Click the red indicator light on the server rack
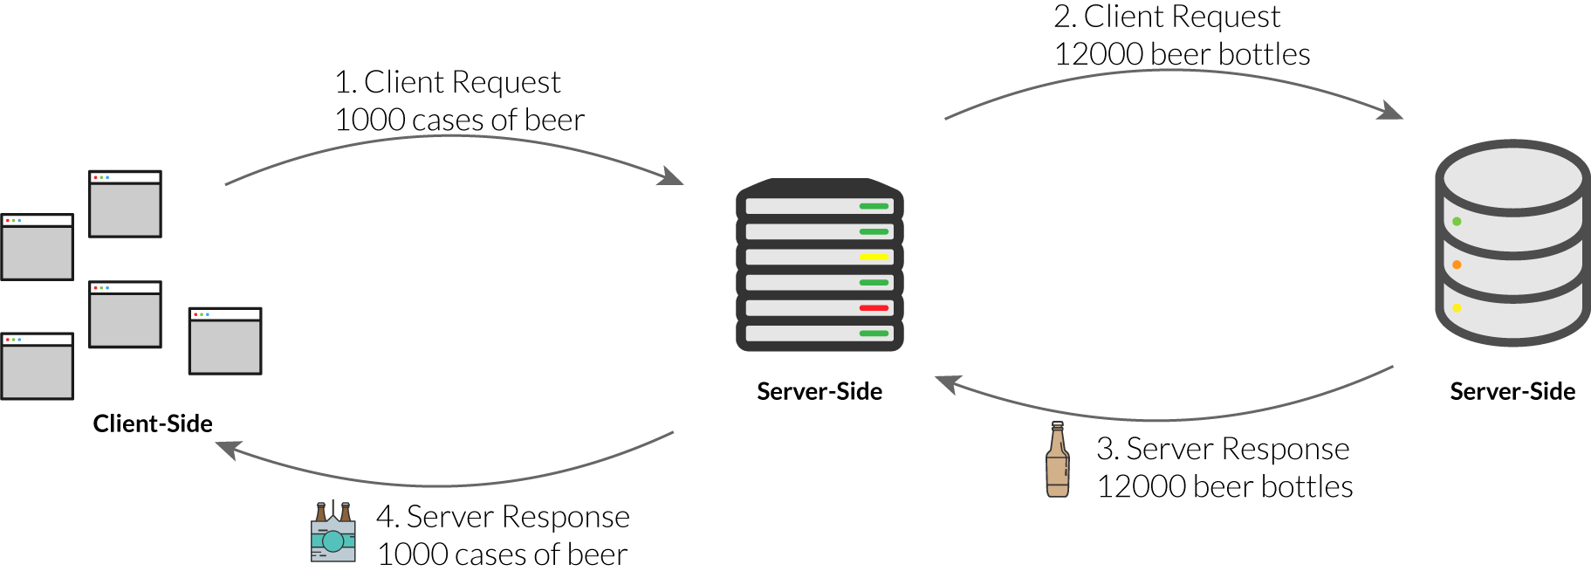(x=874, y=307)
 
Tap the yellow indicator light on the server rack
(x=874, y=257)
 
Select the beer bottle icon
(x=1057, y=460)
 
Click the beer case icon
(x=333, y=532)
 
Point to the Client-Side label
(x=153, y=424)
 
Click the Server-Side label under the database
(x=1512, y=392)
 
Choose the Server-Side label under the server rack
(x=820, y=392)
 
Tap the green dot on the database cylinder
(x=1457, y=222)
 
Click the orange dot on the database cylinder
(x=1457, y=265)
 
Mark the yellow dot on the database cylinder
(x=1457, y=307)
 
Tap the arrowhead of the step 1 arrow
(x=673, y=177)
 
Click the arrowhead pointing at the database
(x=1392, y=112)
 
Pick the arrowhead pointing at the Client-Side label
(x=226, y=448)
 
